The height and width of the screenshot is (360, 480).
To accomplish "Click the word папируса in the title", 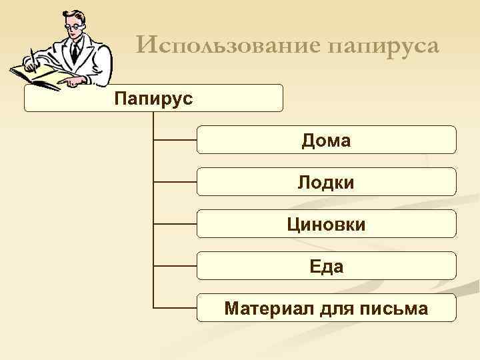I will click(383, 46).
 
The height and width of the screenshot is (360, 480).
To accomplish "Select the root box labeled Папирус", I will click(153, 98).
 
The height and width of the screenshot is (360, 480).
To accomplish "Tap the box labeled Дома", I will click(327, 140).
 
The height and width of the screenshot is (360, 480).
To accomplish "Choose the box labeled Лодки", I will click(327, 182).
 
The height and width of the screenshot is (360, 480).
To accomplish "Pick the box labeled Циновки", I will click(327, 224).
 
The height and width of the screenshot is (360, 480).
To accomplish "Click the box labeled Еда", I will click(327, 266).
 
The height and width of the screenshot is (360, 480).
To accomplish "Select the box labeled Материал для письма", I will click(327, 308).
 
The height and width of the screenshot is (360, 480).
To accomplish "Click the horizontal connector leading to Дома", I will click(175, 140).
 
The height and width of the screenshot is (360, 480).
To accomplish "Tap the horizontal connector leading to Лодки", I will click(175, 182).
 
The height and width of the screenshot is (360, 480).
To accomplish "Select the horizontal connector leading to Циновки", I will click(175, 224).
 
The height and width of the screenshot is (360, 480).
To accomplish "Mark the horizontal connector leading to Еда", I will click(175, 266).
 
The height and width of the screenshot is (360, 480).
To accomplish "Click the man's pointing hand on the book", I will click(69, 81).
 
